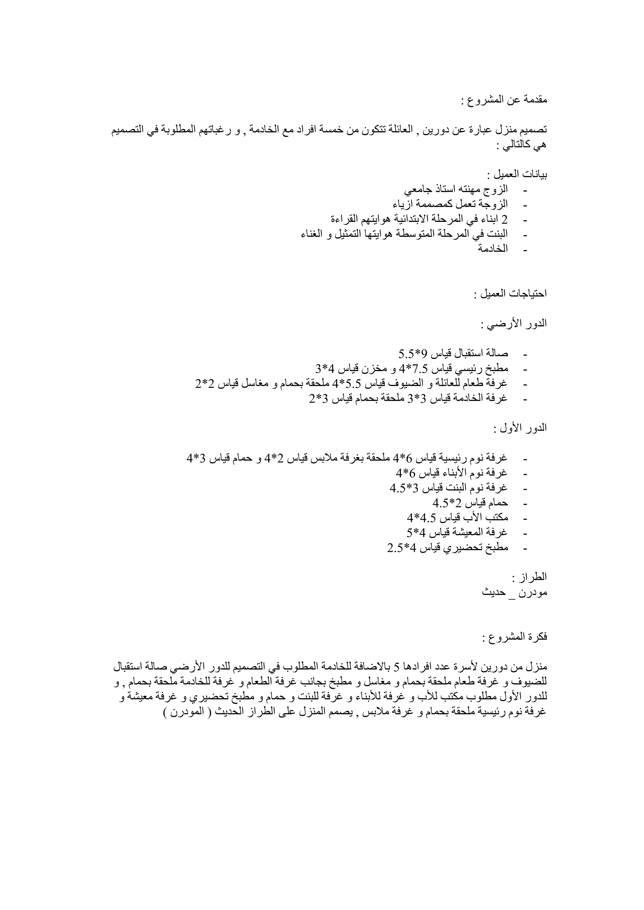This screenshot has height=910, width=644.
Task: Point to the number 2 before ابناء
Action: [x=504, y=219]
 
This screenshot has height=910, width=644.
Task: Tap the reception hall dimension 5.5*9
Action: [x=413, y=354]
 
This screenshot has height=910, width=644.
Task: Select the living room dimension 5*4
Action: [x=416, y=532]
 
